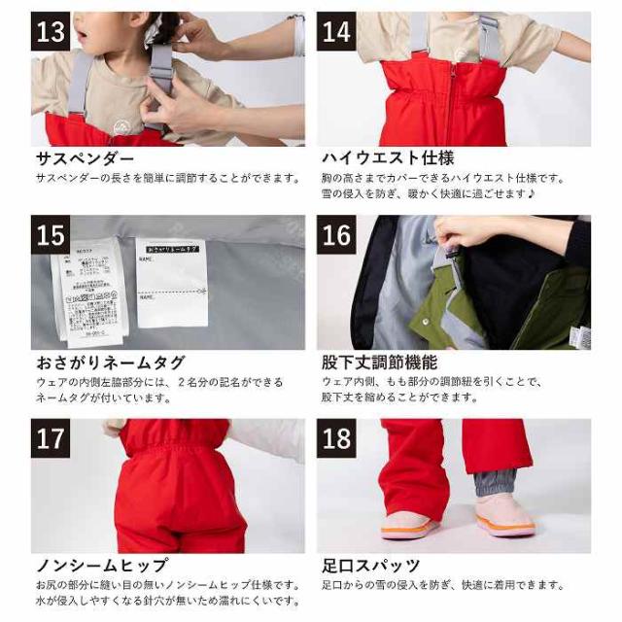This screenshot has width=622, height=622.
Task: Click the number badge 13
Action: point(51,32)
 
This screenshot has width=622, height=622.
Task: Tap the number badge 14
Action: point(336,32)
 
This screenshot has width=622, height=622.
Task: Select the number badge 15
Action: point(51,235)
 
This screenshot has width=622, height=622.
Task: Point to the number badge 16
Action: point(336,235)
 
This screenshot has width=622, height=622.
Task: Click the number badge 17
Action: point(51,438)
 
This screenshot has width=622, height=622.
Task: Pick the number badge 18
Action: point(336,438)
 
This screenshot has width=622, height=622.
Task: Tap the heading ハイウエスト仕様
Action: point(388,158)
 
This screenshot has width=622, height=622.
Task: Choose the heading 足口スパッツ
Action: point(370,565)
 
